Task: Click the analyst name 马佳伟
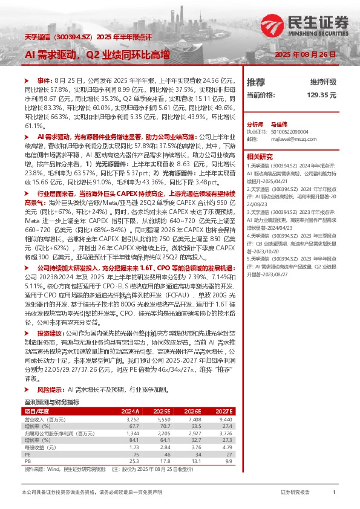click(x=280, y=122)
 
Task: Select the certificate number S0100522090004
click(x=289, y=131)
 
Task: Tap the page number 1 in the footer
click(x=333, y=493)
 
